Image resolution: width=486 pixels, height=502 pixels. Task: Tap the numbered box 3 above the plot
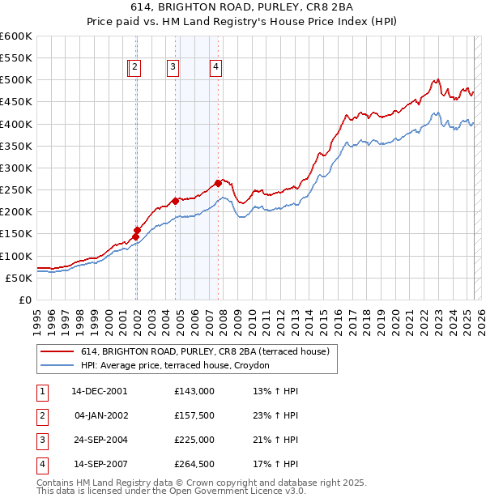[173, 68]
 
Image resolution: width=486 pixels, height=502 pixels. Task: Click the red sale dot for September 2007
[218, 183]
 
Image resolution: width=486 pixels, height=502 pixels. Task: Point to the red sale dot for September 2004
[175, 201]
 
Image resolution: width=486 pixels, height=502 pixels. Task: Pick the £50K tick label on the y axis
[19, 278]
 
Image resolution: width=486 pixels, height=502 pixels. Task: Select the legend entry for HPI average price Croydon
[181, 365]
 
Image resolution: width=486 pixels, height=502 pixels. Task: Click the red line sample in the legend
[58, 352]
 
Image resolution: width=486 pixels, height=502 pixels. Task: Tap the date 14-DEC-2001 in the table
[100, 391]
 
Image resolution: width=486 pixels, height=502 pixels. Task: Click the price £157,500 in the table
[194, 415]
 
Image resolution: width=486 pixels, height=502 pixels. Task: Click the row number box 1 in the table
[41, 391]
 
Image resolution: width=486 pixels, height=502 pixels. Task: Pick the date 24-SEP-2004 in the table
[100, 440]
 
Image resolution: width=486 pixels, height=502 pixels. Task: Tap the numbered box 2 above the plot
[135, 68]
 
